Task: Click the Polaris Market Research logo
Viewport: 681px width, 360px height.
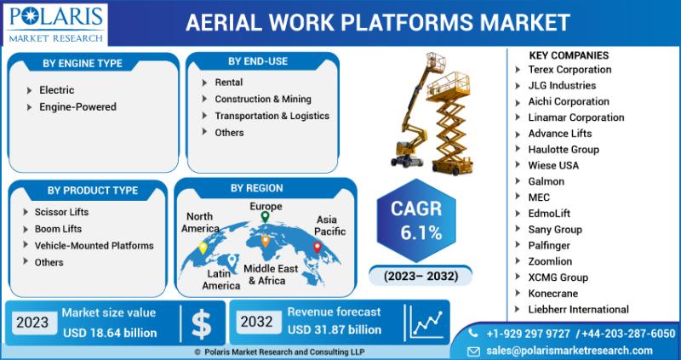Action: click(x=55, y=24)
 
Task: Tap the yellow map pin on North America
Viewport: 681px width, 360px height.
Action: click(x=203, y=248)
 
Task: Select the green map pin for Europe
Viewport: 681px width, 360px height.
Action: click(x=265, y=217)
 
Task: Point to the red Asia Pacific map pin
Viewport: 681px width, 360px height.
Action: click(x=318, y=247)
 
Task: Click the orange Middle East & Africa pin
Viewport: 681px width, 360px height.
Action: click(x=265, y=241)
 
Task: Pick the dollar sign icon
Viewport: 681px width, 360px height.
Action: click(x=202, y=323)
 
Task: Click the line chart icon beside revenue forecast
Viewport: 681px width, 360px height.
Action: click(x=427, y=323)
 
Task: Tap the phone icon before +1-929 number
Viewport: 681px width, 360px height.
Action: click(x=473, y=333)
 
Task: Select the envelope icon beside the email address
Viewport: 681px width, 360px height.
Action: click(x=473, y=351)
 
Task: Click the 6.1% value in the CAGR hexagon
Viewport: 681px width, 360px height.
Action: click(x=421, y=234)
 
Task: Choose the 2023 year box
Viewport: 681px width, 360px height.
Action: click(x=33, y=323)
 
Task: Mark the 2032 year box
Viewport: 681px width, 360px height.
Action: click(x=257, y=322)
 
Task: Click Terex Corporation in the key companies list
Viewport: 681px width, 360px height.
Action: click(x=569, y=70)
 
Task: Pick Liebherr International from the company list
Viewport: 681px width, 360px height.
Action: click(x=578, y=310)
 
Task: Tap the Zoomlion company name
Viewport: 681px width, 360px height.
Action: click(x=550, y=261)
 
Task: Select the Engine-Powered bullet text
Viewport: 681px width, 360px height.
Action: click(x=77, y=107)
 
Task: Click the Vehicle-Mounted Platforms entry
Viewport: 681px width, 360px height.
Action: click(x=94, y=245)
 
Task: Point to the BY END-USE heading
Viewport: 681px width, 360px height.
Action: click(x=258, y=61)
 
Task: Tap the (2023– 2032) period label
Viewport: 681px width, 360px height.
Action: click(x=420, y=277)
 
